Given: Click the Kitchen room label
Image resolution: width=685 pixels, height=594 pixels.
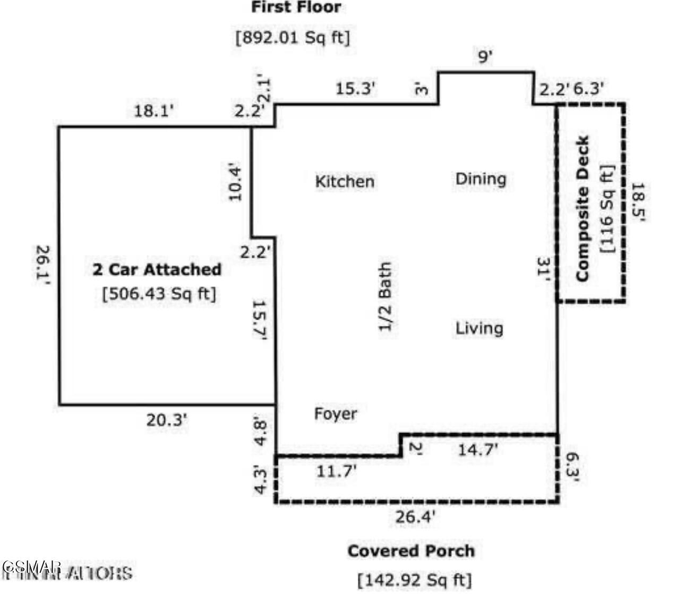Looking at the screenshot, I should [x=345, y=181].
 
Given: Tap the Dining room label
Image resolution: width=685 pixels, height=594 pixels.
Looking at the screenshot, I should [x=481, y=179].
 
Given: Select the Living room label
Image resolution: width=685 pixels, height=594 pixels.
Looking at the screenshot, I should [x=479, y=328].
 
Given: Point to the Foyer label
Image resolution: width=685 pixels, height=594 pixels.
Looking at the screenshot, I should [x=335, y=413].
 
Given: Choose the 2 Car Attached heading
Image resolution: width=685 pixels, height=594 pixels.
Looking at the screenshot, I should [x=157, y=269].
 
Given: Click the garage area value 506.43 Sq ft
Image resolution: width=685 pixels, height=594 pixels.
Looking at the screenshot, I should [x=159, y=293].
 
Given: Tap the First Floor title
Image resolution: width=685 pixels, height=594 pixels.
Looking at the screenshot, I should [x=296, y=8].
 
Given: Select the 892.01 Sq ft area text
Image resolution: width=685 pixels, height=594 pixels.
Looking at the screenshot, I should [x=293, y=38].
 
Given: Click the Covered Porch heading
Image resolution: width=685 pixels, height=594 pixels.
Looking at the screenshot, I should [x=411, y=551].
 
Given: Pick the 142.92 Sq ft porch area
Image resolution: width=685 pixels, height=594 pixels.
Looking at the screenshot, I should [x=415, y=579].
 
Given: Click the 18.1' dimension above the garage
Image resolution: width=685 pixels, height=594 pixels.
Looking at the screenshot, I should [x=153, y=112].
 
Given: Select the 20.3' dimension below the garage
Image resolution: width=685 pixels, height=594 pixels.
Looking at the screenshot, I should [x=167, y=420].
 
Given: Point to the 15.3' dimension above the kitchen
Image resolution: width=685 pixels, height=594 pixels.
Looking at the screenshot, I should [x=355, y=89].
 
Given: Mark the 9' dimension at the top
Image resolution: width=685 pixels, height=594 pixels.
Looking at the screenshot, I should [x=485, y=56].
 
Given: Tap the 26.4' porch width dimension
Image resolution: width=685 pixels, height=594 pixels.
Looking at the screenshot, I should [x=415, y=516].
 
